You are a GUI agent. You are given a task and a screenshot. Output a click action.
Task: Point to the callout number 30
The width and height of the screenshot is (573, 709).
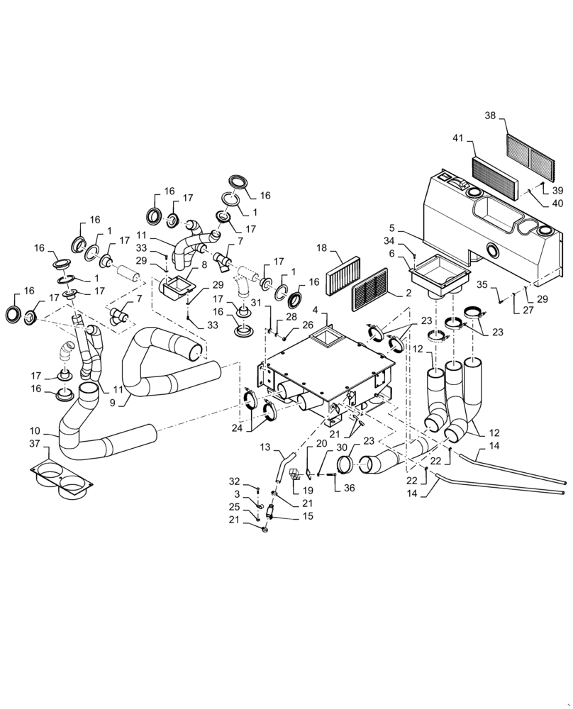point(342,447)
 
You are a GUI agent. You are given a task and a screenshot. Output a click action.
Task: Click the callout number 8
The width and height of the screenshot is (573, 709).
point(204,264)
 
